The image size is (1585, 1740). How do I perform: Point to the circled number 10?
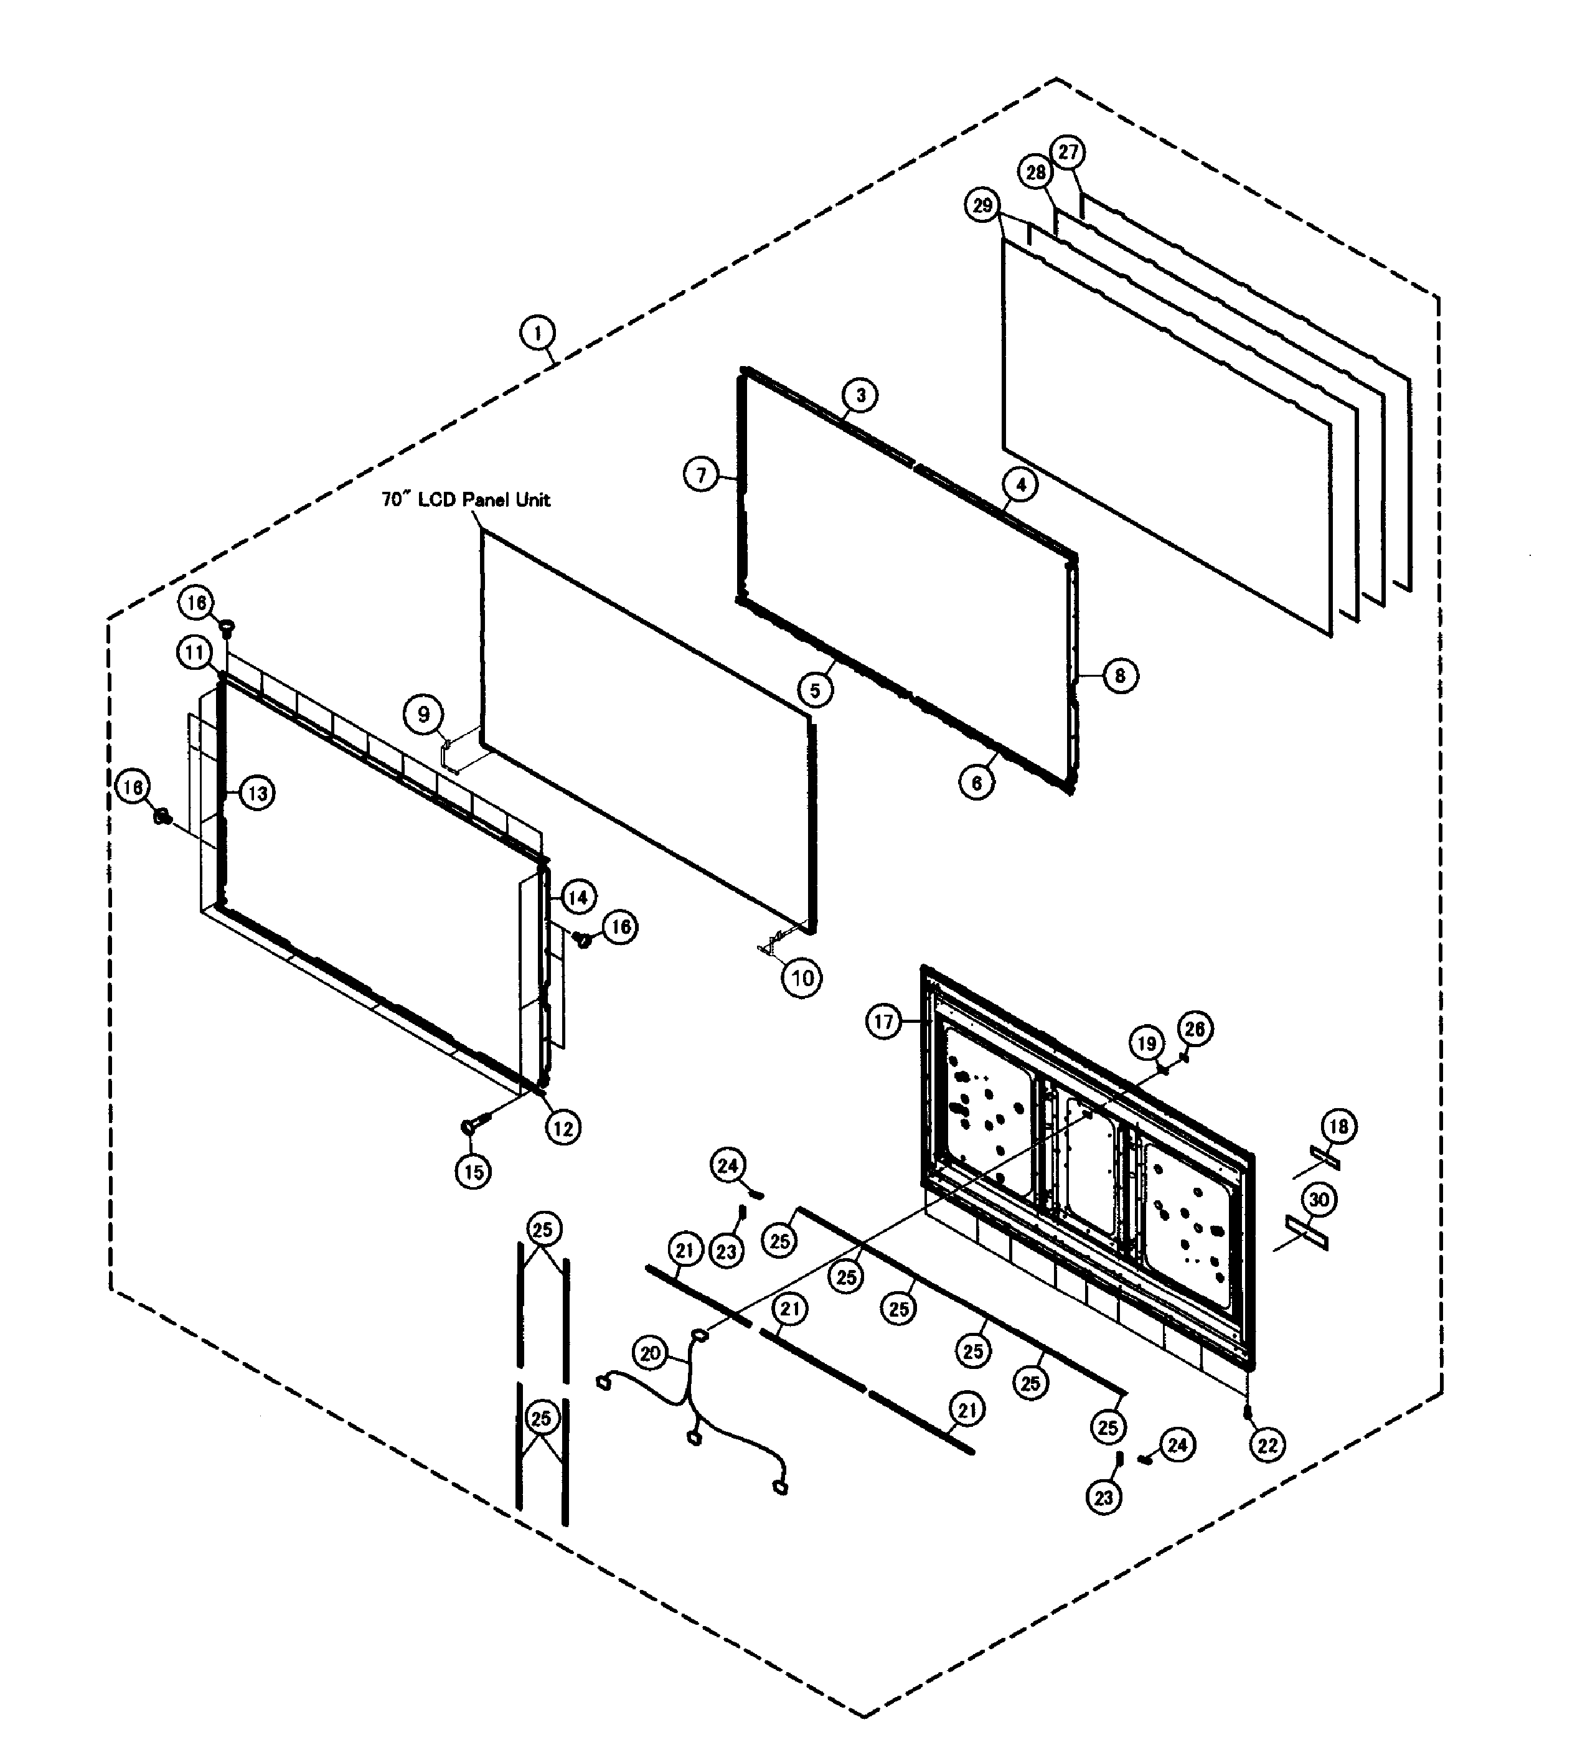[802, 978]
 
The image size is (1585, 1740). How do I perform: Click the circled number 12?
[563, 1127]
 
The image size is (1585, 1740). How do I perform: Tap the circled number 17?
[883, 1022]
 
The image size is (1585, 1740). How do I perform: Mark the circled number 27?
[1069, 152]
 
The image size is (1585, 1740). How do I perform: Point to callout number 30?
[1319, 1199]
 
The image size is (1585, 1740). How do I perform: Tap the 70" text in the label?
[395, 500]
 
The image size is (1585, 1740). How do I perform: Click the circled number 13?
[257, 792]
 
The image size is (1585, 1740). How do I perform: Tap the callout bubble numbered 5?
[815, 690]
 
